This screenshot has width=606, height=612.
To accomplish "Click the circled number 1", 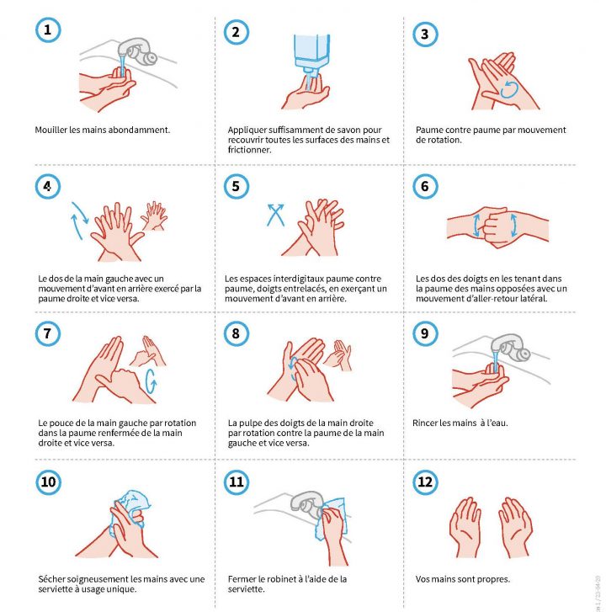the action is click(x=48, y=30).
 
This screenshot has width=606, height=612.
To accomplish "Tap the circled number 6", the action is click(x=425, y=186).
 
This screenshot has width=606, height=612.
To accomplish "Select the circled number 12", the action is click(x=425, y=482).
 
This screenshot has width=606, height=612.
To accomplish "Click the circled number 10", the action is click(x=48, y=482).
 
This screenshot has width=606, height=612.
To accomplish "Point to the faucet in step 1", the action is click(x=137, y=51).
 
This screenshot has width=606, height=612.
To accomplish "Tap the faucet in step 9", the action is click(x=510, y=349).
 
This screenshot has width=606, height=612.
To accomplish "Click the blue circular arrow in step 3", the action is click(x=509, y=89).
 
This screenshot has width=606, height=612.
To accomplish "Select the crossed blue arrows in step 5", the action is click(x=275, y=215).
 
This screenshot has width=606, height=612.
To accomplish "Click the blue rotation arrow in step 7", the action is click(x=151, y=381).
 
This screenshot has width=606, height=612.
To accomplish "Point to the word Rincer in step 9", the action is click(x=424, y=423).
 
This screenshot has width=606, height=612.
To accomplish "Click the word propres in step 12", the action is click(x=494, y=580).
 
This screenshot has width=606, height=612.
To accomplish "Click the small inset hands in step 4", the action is click(x=154, y=216).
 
